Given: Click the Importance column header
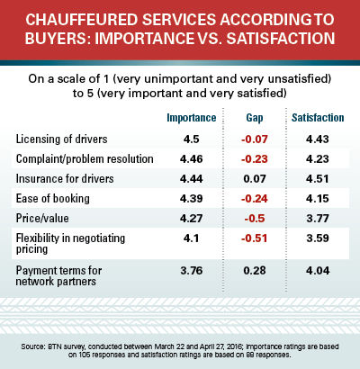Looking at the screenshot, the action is tap(192, 118).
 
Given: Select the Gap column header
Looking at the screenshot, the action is tap(255, 118).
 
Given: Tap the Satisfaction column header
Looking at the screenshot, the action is tap(318, 118).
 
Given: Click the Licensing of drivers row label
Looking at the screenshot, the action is tap(61, 139).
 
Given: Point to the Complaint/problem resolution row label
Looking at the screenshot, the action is tap(85, 158).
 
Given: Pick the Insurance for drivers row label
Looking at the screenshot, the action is tap(65, 178).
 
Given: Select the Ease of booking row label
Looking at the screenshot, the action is tap(53, 198).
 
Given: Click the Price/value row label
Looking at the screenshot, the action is tap(42, 218).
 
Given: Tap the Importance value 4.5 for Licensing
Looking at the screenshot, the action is tap(192, 139).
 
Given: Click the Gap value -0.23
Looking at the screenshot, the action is tap(255, 159).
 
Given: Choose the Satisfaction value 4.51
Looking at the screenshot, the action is tap(318, 179).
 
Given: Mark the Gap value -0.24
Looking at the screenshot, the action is tap(255, 199).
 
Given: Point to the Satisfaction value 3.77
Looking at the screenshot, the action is tap(318, 219).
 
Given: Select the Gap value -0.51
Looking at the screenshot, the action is tap(255, 238).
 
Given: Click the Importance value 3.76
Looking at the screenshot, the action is tap(192, 271).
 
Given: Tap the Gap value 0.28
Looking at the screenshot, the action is tap(255, 271).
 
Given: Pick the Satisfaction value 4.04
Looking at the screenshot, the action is tap(318, 271).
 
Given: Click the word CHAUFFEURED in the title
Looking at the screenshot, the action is tap(81, 20).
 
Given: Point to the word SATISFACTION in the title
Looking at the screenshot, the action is tap(281, 39).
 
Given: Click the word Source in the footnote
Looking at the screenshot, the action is tap(32, 346).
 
